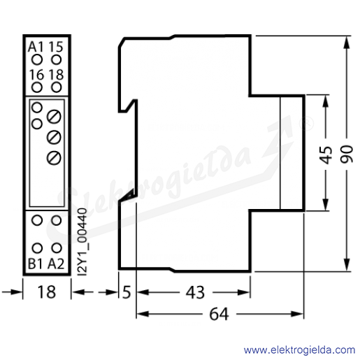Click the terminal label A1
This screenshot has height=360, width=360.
pyautogui.click(x=36, y=47)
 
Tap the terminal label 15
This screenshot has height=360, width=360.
pyautogui.click(x=56, y=47)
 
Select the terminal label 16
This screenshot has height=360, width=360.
pyautogui.click(x=36, y=75)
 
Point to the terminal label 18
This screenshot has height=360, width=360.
pyautogui.click(x=56, y=75)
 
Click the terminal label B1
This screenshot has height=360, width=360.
pyautogui.click(x=36, y=264)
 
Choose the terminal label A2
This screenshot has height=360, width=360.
pyautogui.click(x=56, y=264)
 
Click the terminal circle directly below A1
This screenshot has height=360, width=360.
pyautogui.click(x=37, y=59)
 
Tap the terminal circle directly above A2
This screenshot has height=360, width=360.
pyautogui.click(x=56, y=248)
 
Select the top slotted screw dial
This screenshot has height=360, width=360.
pyautogui.click(x=54, y=117)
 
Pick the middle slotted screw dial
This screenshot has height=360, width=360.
pyautogui.click(x=54, y=137)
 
